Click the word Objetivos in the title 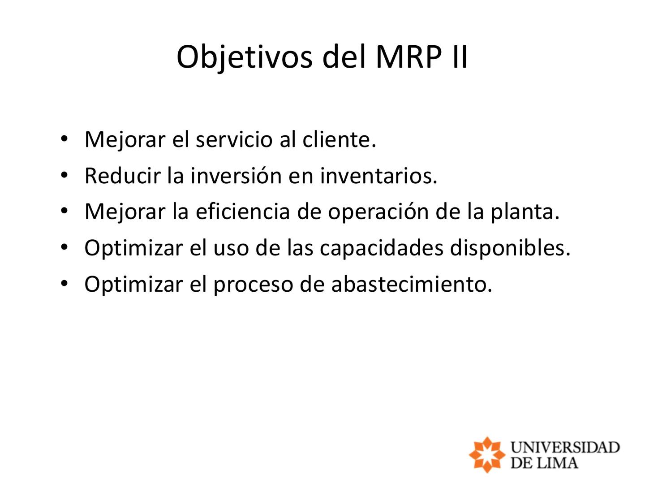[x=244, y=57]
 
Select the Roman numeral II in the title [x=460, y=57]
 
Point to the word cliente [x=339, y=139]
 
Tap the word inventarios [x=378, y=176]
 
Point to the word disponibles [x=510, y=248]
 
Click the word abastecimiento [x=411, y=284]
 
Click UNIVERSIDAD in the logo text [x=565, y=447]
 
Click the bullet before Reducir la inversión [x=64, y=175]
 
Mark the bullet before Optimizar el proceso [x=64, y=284]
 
